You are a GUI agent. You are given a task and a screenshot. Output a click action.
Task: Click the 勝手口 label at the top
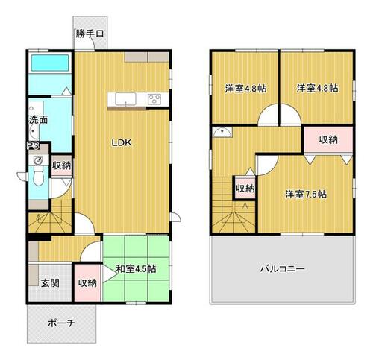point(89,34)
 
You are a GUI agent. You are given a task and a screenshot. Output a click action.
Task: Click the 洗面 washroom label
point(39,119)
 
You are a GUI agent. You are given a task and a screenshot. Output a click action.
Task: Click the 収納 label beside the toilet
point(61,165)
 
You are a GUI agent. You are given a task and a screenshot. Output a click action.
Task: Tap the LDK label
point(123,144)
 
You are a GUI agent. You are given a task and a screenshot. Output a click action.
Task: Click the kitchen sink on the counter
point(124,98)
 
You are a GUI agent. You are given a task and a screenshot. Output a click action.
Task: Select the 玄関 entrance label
point(50,282)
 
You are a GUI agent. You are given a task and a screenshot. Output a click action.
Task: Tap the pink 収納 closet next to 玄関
point(87,282)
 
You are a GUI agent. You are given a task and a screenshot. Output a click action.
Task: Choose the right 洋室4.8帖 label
point(316,89)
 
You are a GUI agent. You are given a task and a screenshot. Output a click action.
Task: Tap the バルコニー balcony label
point(281,269)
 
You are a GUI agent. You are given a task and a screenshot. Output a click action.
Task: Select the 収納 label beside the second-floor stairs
point(245,188)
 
